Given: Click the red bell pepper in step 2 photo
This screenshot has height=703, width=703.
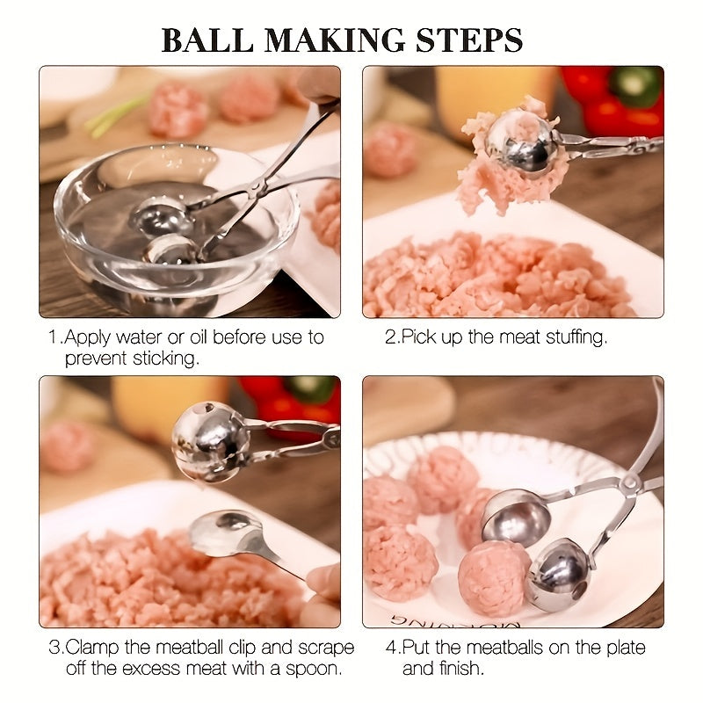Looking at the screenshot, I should tap(615, 101).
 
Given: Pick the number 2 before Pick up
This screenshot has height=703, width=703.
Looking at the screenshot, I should tap(390, 337).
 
